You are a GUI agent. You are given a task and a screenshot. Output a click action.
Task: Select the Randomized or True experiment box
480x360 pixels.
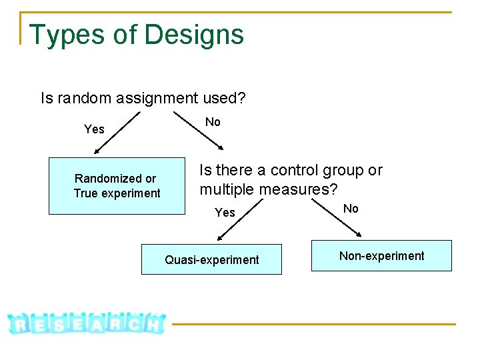click(117, 186)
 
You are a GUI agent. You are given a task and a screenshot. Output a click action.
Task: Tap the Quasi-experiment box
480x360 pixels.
click(211, 259)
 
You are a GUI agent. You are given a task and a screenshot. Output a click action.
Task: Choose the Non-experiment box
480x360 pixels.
click(381, 255)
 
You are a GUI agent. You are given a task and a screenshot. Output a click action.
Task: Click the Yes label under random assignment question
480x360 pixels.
click(94, 129)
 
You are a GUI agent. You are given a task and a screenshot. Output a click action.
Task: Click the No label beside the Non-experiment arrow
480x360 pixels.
click(351, 209)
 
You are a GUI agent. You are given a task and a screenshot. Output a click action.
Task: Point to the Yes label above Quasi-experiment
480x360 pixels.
click(225, 213)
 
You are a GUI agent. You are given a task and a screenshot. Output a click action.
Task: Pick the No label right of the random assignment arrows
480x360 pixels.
click(213, 122)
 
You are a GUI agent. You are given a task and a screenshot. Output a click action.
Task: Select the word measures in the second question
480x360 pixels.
click(295, 189)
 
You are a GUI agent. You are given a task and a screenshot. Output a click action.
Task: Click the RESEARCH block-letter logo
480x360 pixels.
click(87, 323)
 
